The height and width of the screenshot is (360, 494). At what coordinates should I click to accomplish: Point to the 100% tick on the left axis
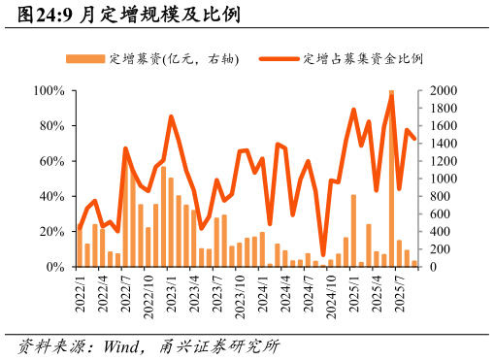click(x=49, y=91)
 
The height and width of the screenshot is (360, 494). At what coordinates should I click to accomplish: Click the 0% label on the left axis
click(x=55, y=267)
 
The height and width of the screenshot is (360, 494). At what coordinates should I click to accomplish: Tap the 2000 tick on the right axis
click(x=438, y=91)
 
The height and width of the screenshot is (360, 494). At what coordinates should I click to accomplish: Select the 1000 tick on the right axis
click(x=438, y=179)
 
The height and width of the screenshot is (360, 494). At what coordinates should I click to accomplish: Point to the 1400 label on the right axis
click(x=438, y=144)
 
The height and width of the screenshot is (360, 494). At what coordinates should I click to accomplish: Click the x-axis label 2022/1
click(x=81, y=294)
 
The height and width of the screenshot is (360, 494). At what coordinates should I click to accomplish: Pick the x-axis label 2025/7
click(x=400, y=294)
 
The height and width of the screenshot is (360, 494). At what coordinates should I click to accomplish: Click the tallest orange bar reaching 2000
click(x=391, y=180)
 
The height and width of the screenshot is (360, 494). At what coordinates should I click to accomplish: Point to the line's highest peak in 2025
click(x=391, y=94)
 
